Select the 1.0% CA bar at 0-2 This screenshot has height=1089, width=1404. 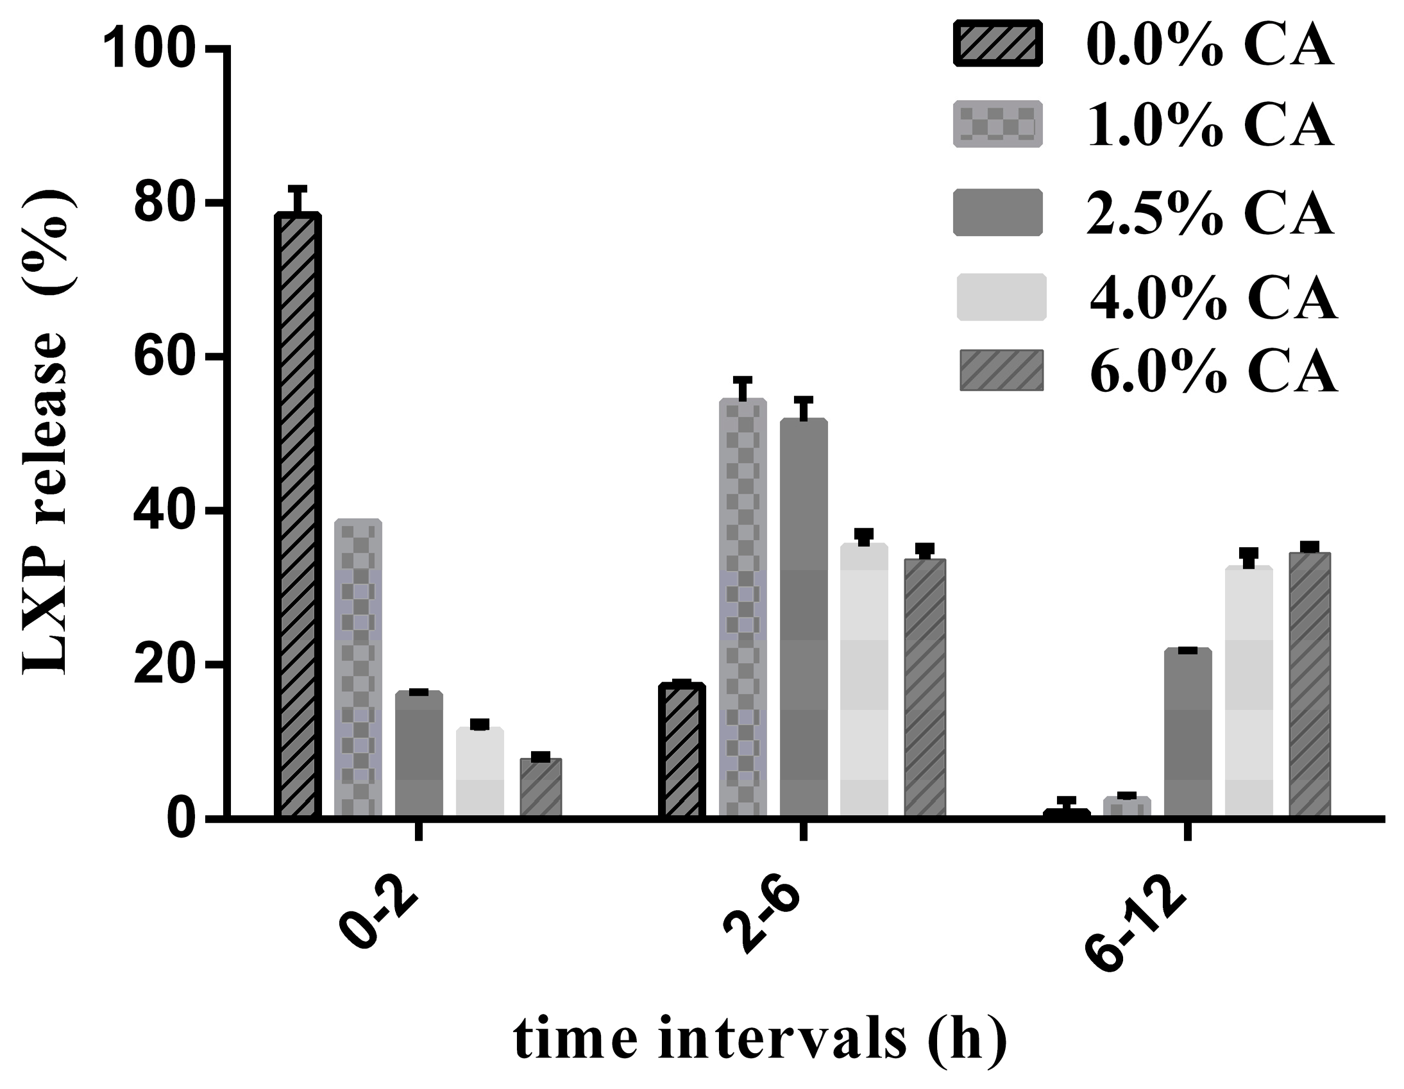[x=358, y=668]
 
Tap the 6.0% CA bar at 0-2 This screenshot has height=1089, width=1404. [x=541, y=788]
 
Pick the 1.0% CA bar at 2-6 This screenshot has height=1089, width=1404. [x=743, y=608]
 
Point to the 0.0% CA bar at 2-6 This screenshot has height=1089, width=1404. [x=682, y=751]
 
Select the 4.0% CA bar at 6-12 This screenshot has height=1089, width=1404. [x=1249, y=692]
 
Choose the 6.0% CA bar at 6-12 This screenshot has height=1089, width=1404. [x=1310, y=686]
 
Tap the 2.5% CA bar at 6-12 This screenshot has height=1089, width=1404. [x=1188, y=733]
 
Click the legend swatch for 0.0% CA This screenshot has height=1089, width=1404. [x=998, y=43]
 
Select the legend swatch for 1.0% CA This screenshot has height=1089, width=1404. [x=998, y=124]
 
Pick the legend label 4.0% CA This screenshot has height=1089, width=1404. [x=1213, y=297]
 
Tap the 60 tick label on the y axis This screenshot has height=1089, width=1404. [x=166, y=357]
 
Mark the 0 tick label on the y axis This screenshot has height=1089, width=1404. [x=182, y=818]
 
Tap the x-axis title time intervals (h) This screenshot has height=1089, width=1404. [x=761, y=1041]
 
